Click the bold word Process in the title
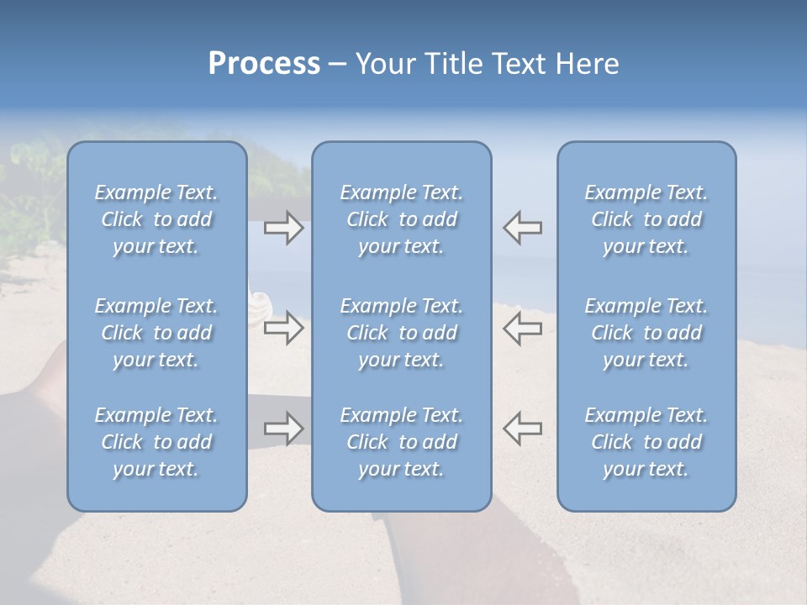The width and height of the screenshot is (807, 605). [264, 64]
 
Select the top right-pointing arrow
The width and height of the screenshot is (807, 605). [284, 228]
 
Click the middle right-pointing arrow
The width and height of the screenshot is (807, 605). [284, 328]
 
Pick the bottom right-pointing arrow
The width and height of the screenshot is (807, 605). [284, 429]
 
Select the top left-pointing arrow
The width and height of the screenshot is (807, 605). [522, 228]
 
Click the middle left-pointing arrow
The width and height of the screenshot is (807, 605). [522, 328]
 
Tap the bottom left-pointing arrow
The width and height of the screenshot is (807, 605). [522, 429]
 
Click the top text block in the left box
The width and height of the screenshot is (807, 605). [156, 219]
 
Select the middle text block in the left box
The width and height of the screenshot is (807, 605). [156, 333]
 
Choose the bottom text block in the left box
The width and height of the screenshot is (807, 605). [156, 442]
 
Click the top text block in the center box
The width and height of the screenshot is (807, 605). [401, 219]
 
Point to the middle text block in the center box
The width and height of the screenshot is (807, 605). [401, 333]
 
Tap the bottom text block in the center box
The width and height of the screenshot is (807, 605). [401, 442]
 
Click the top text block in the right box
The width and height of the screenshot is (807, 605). [646, 219]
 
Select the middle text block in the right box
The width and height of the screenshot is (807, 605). [646, 333]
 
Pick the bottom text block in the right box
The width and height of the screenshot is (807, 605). [646, 442]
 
